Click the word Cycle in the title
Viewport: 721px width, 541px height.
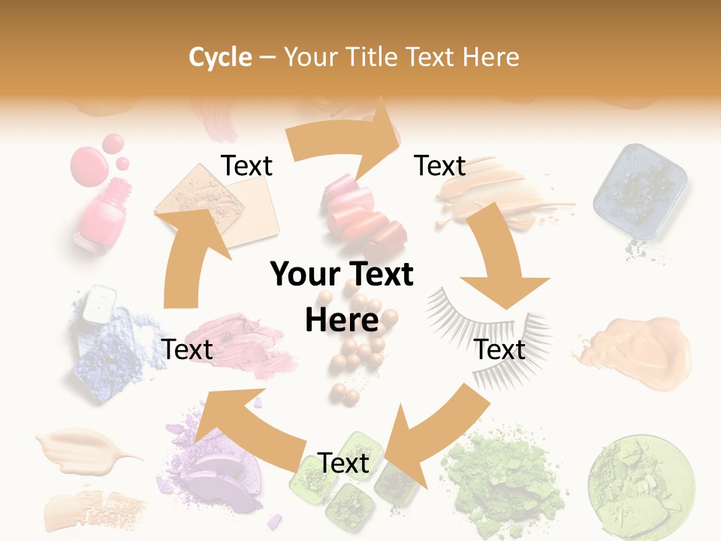click(x=220, y=57)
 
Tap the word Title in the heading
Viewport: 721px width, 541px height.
click(x=375, y=57)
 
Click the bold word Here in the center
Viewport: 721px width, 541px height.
click(x=342, y=320)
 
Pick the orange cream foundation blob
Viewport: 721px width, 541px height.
click(x=638, y=349)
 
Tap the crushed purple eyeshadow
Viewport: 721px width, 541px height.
click(x=218, y=458)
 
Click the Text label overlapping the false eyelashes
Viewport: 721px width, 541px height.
click(x=500, y=349)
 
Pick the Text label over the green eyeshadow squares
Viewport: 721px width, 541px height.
click(x=343, y=463)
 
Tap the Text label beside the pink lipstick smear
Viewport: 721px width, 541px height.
click(x=187, y=349)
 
